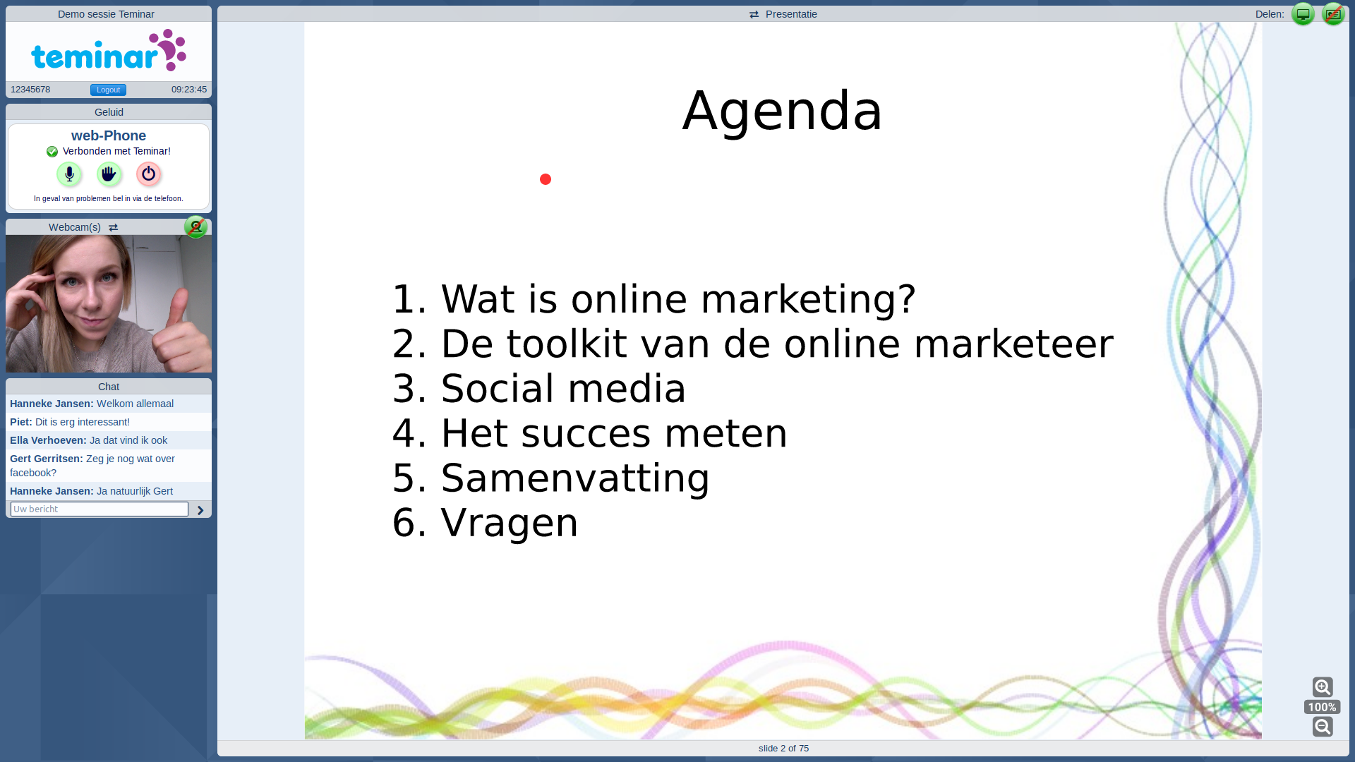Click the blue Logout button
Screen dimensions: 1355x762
[108, 90]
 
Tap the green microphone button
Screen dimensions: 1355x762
[69, 174]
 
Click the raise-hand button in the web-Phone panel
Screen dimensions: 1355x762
[109, 174]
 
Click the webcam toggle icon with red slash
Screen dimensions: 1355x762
[195, 226]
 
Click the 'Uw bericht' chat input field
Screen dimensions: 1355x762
[100, 509]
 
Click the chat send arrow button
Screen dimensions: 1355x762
[200, 510]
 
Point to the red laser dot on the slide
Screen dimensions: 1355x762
[546, 179]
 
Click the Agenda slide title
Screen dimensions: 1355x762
[782, 111]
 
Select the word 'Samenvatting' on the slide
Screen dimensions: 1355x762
[575, 478]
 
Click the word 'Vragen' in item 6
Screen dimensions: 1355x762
[510, 523]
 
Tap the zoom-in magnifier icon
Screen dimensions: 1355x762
[1323, 687]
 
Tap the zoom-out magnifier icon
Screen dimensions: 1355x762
[1323, 726]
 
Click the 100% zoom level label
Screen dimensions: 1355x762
[1322, 707]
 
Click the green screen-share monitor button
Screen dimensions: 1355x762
[1303, 14]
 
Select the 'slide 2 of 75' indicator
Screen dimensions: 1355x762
[783, 749]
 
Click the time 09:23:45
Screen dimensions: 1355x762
[189, 90]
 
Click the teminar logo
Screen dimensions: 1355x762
[109, 50]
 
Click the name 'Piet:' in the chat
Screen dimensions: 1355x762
[21, 422]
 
